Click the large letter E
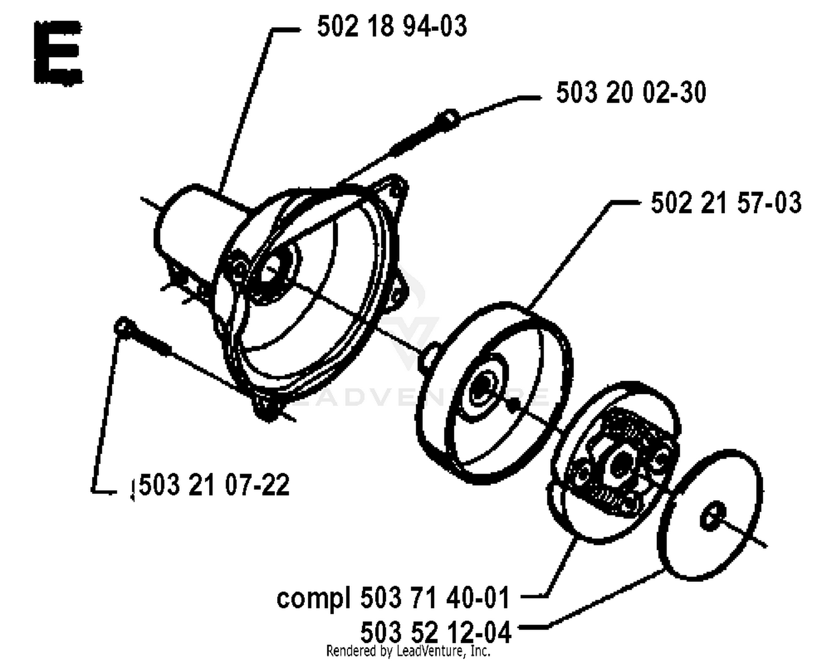pos(58,52)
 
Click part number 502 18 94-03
pos(392,27)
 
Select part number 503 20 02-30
pos(631,93)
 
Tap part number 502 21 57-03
pos(726,202)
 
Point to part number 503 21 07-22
pos(214,485)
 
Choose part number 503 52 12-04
pos(436,633)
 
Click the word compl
pos(313,599)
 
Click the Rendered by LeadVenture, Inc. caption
pos(408,651)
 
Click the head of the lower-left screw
pos(124,327)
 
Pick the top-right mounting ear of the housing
pos(395,188)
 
